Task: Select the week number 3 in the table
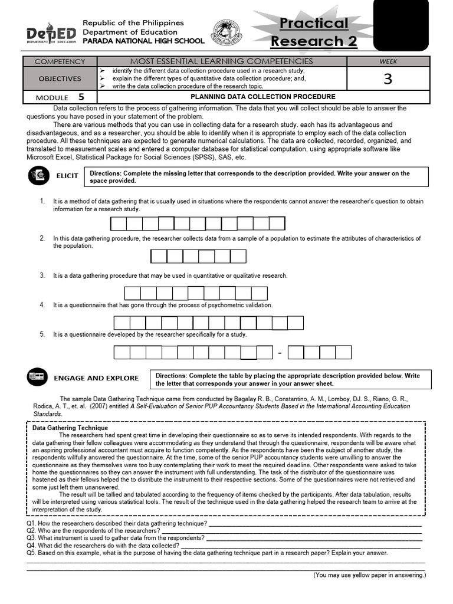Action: click(388, 78)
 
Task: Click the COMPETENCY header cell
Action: click(60, 61)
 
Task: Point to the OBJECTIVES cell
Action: click(60, 78)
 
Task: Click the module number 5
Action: click(81, 97)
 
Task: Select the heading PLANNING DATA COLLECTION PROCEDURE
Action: click(263, 97)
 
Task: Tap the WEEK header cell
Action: click(388, 61)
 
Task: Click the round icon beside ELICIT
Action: click(38, 176)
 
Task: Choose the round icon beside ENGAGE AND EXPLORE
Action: click(37, 377)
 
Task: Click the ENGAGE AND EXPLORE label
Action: click(96, 378)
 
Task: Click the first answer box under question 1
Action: click(119, 224)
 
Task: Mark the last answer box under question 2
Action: click(238, 256)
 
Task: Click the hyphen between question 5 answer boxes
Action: click(280, 353)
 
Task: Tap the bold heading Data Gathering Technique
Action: click(70, 428)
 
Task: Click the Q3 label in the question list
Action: click(31, 538)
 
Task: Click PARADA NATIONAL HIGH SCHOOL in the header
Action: click(143, 41)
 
